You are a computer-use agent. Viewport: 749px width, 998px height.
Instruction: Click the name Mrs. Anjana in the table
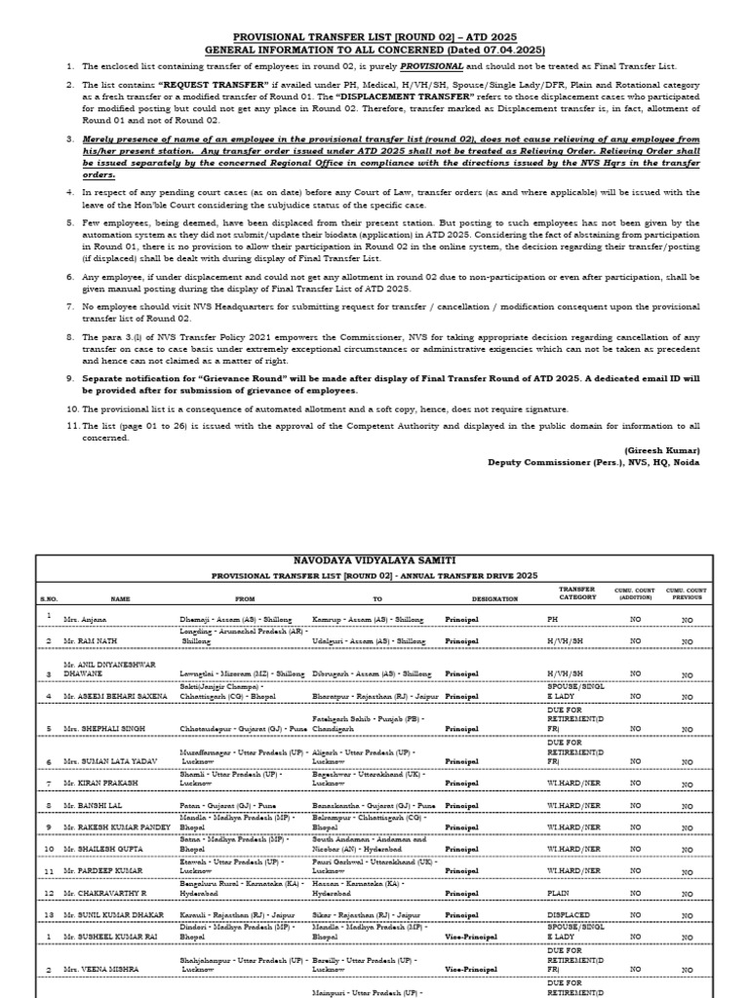coord(85,619)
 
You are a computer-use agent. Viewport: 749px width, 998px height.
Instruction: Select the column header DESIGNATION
coord(494,598)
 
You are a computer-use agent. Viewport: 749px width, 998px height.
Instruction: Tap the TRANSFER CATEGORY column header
coord(576,594)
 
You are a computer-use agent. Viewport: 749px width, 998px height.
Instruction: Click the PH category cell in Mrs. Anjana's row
coord(555,619)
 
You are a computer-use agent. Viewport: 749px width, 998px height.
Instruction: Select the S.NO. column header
coord(49,598)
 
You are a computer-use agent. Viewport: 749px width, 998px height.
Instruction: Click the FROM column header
coord(244,598)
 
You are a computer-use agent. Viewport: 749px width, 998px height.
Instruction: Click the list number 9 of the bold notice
coord(70,377)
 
